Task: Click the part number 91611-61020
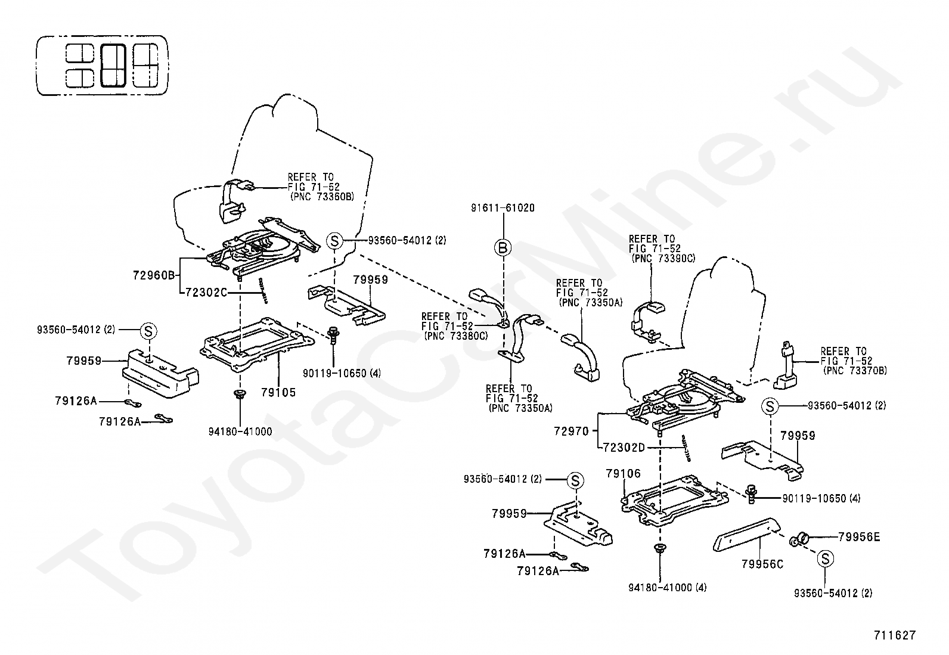tap(503, 207)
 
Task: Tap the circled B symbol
tap(503, 247)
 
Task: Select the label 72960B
tap(154, 275)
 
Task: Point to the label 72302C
tap(206, 292)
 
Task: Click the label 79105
tap(278, 392)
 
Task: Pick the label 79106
tap(623, 473)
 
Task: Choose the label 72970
tap(572, 432)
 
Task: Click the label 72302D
tap(624, 448)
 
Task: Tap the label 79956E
tap(859, 537)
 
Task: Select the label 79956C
tap(762, 564)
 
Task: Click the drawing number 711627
tap(895, 635)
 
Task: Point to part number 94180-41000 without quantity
tap(240, 432)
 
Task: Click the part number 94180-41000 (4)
tap(668, 588)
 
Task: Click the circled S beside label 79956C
tap(825, 559)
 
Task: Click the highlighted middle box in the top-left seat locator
tap(113, 65)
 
